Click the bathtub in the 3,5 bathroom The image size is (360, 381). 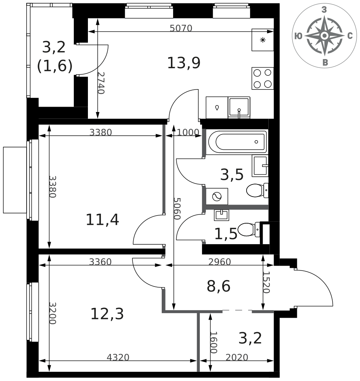pyautogui.click(x=238, y=142)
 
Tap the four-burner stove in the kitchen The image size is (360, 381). pyautogui.click(x=263, y=78)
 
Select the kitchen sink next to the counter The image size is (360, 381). pyautogui.click(x=239, y=107)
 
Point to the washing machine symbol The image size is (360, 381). pyautogui.click(x=217, y=196)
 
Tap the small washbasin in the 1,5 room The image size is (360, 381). pyautogui.click(x=221, y=215)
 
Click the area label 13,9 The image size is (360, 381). pyautogui.click(x=184, y=63)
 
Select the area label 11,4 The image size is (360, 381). pyautogui.click(x=102, y=219)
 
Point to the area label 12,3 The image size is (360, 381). pyautogui.click(x=107, y=314)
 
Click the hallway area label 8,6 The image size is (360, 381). pyautogui.click(x=218, y=286)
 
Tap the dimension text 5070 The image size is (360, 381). pyautogui.click(x=181, y=28)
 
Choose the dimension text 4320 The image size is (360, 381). pyautogui.click(x=118, y=357)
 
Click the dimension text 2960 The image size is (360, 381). pyautogui.click(x=220, y=261)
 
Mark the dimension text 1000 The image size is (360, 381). pyautogui.click(x=188, y=132)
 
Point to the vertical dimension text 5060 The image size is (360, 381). pyautogui.click(x=177, y=208)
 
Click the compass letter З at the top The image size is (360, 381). pyautogui.click(x=324, y=10)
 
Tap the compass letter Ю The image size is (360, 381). pyautogui.click(x=298, y=36)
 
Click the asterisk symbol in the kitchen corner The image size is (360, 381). pyautogui.click(x=263, y=40)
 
